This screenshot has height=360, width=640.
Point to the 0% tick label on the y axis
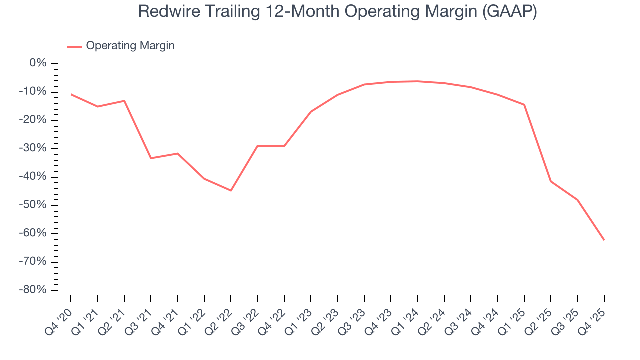point(38,63)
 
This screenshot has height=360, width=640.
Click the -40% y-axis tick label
point(34,177)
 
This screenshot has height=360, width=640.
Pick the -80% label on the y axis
point(34,290)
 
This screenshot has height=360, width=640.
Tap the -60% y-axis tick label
point(34,233)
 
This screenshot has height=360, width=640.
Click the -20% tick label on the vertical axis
point(34,120)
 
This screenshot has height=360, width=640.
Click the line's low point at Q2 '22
point(231,190)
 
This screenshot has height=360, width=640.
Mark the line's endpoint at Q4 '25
point(604,240)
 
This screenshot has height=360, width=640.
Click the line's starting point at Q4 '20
point(71,94)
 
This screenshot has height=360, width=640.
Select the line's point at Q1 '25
point(524,105)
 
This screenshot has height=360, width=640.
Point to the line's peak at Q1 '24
point(417,81)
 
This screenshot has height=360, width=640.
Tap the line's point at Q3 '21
point(151,158)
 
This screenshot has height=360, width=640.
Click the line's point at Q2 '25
point(551,181)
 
